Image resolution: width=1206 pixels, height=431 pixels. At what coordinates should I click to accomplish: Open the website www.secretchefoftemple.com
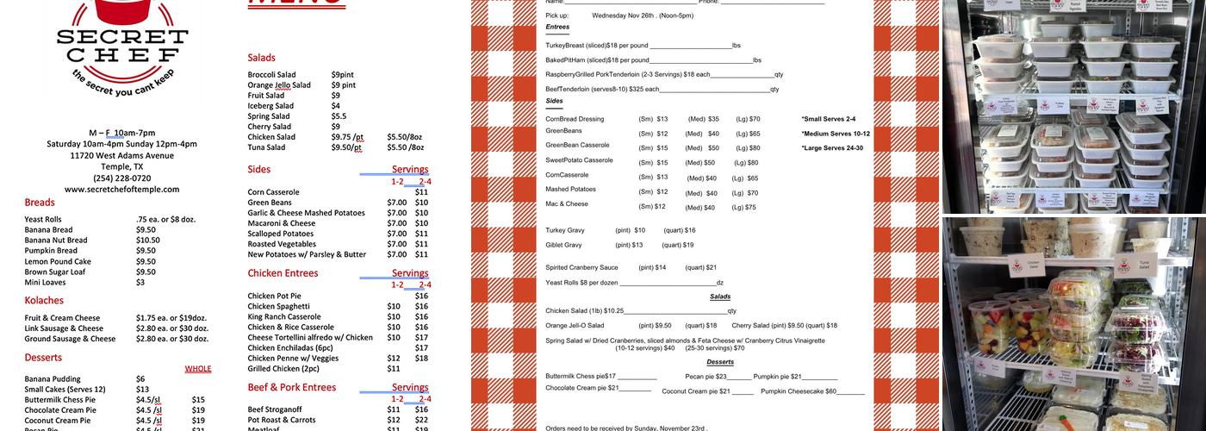(x=121, y=190)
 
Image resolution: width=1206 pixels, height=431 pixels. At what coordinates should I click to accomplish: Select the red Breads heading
(x=40, y=203)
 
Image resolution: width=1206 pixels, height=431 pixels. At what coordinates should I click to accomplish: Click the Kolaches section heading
(x=44, y=301)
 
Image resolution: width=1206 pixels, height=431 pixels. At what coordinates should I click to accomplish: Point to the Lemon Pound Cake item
(x=58, y=261)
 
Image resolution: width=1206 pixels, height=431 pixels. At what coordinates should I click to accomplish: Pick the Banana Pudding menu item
(x=53, y=379)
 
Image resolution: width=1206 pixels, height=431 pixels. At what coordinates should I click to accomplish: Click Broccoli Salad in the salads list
(x=271, y=75)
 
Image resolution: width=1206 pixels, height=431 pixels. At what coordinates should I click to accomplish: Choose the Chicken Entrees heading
(x=283, y=273)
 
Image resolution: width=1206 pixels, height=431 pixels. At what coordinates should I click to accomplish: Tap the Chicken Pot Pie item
(x=274, y=297)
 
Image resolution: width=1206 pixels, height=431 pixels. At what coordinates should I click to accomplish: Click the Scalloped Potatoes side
(x=280, y=234)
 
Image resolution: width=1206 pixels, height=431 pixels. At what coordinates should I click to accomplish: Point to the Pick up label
(x=557, y=16)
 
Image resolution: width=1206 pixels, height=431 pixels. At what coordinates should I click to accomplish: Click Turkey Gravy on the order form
(x=565, y=230)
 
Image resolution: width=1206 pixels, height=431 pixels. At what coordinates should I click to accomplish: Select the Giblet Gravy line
(x=563, y=245)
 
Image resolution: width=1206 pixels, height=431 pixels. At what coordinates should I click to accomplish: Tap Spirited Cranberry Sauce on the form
(x=581, y=267)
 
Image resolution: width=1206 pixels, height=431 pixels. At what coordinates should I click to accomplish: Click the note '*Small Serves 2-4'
(x=828, y=119)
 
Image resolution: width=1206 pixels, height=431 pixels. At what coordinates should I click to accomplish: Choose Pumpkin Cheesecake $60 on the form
(x=799, y=391)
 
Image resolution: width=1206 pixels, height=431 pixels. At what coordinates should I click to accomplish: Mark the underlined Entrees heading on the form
(x=557, y=27)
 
